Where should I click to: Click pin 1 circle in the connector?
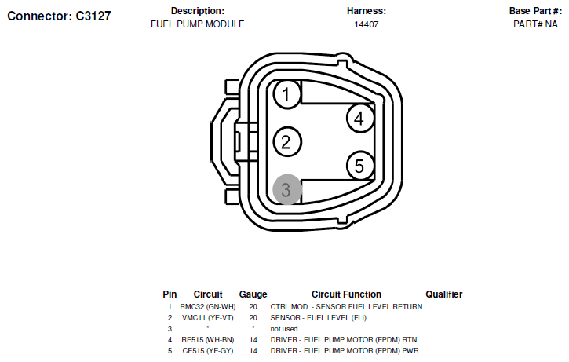[x=287, y=94]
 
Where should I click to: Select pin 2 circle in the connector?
[x=287, y=141]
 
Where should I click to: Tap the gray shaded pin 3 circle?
[x=287, y=189]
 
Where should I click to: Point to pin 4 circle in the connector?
[x=360, y=118]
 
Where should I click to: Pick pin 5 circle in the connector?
[x=360, y=166]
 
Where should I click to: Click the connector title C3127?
[x=59, y=16]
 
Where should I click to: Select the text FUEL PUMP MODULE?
[x=198, y=24]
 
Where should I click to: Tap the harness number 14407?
[x=367, y=24]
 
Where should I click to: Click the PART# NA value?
[x=535, y=24]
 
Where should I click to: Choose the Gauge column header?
[x=253, y=294]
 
